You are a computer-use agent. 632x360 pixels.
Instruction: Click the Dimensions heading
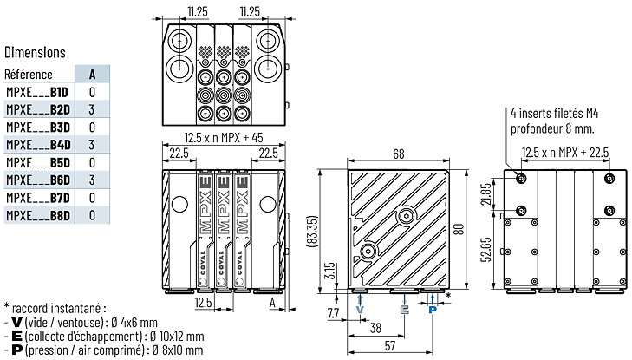tap(35, 52)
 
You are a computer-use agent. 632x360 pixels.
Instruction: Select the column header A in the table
tap(92, 75)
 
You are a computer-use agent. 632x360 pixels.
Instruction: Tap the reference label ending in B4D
tap(38, 145)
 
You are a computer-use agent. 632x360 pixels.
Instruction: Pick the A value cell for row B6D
tap(92, 180)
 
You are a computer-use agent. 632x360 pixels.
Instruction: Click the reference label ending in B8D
tap(38, 215)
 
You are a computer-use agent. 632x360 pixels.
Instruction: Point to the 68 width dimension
tap(398, 154)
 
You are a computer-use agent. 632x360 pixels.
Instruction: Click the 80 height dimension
tap(459, 229)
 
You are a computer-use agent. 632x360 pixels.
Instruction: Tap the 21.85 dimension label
tap(486, 194)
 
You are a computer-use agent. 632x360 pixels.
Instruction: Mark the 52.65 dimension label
tap(486, 250)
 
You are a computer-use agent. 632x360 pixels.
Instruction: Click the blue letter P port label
tap(433, 310)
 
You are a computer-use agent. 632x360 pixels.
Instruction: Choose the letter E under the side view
tap(404, 310)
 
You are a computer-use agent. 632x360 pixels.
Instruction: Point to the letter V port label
tap(360, 310)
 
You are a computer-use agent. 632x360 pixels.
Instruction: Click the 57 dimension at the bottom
tap(390, 346)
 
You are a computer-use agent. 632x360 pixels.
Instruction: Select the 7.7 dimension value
tap(333, 313)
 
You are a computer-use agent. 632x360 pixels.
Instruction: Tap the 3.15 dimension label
tap(329, 271)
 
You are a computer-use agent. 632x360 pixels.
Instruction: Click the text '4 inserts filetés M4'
tap(554, 114)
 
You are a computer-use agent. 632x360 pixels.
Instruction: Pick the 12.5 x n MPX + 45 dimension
tap(224, 137)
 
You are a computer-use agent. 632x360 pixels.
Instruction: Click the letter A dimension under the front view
tap(272, 303)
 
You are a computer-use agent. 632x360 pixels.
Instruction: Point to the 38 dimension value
tap(375, 328)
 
